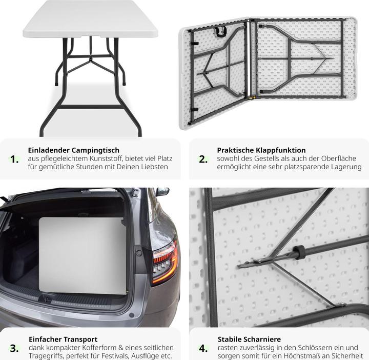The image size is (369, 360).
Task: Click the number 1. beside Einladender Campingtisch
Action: tap(14, 159)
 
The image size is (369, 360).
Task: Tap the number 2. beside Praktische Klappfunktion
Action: tap(203, 159)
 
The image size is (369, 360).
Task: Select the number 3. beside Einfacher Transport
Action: tap(14, 348)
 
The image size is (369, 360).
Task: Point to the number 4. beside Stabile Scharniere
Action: tap(203, 348)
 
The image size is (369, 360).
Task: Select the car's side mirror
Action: tap(162, 191)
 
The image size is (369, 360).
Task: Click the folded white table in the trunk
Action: tap(83, 255)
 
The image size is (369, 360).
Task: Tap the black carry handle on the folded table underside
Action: tap(221, 32)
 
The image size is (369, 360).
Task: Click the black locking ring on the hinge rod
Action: tap(299, 252)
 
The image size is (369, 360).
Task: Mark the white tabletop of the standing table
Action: tap(91, 18)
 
